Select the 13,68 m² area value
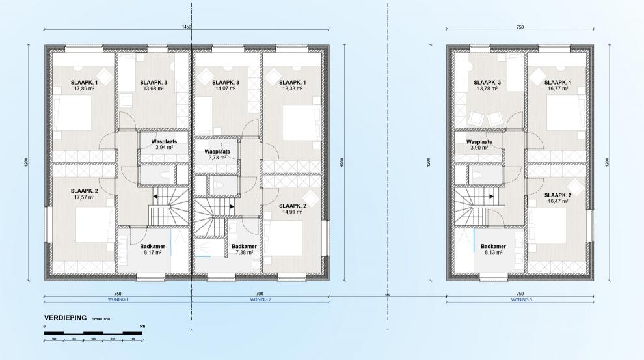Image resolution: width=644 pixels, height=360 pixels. tap(153, 89)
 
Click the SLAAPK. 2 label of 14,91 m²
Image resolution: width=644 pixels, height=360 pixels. tap(291, 204)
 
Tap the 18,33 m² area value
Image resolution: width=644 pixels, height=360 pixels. tap(291, 89)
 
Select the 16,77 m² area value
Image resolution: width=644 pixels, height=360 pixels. tap(560, 89)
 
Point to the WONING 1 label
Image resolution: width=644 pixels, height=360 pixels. tap(118, 300)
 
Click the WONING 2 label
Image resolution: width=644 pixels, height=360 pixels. tap(260, 300)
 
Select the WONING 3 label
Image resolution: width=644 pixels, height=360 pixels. tap(520, 300)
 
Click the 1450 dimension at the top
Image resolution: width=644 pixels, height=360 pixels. tap(187, 27)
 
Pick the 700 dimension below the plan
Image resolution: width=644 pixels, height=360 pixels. tap(260, 294)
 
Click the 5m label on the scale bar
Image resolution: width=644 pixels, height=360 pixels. tap(142, 325)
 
